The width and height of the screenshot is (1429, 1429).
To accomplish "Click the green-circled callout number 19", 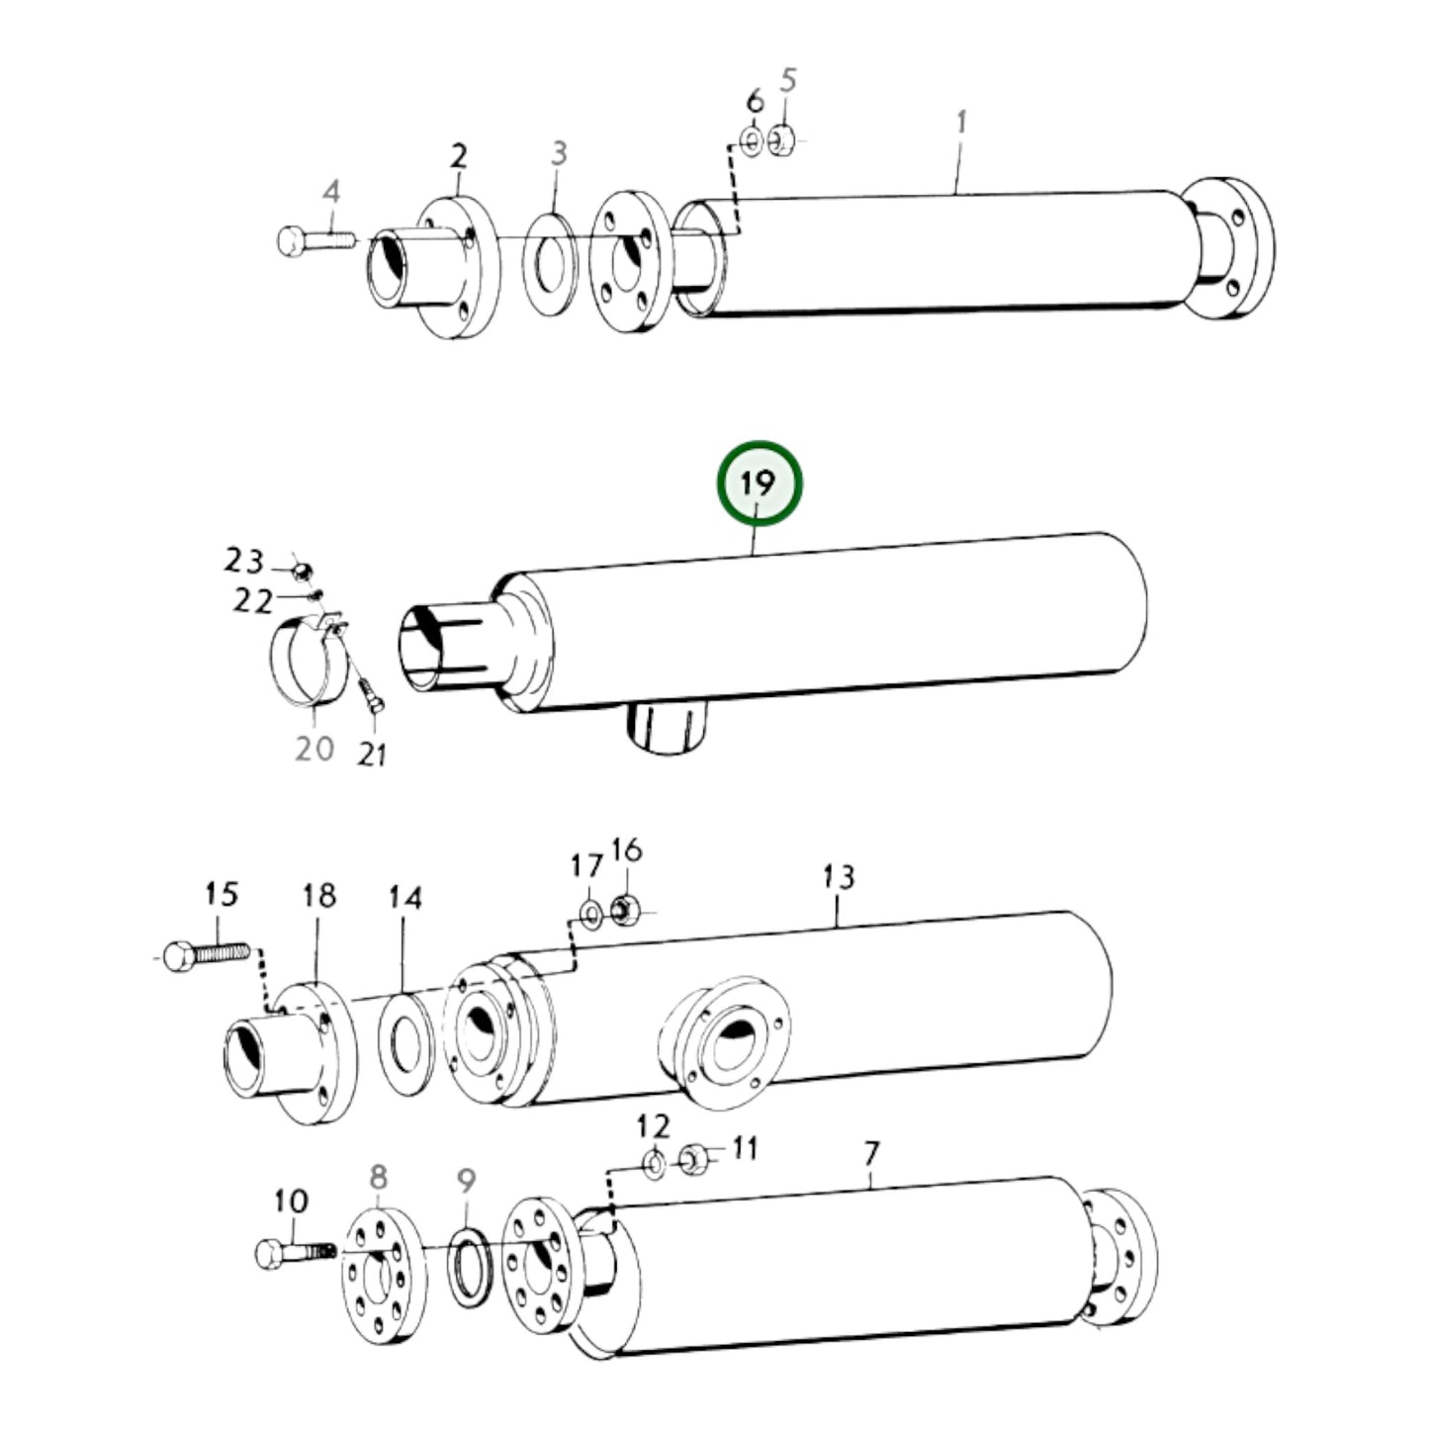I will (759, 484).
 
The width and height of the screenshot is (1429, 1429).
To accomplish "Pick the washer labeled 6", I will (752, 142).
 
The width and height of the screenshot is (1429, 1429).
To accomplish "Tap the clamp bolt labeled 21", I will (373, 696).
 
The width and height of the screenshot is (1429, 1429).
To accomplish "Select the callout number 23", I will (242, 562).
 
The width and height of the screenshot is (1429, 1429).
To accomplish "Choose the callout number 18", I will (319, 896).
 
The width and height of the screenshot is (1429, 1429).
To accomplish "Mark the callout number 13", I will (839, 876).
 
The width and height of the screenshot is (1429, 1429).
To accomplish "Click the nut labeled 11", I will (693, 1157).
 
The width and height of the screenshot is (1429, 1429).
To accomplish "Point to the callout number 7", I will (870, 1153).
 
